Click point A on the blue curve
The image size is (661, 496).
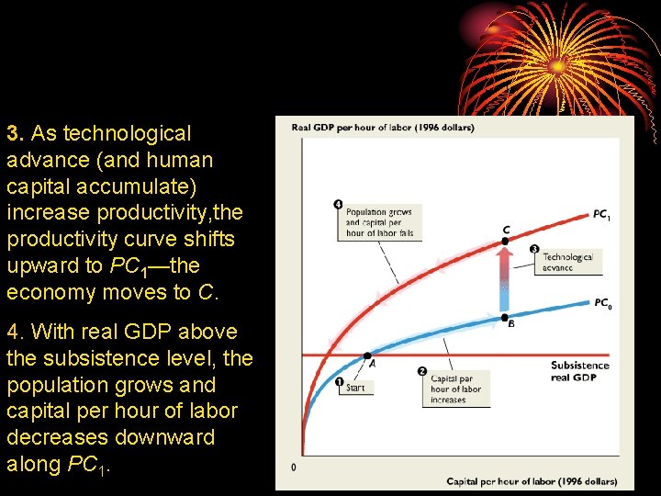point(368,355)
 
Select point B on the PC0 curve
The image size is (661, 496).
point(504,318)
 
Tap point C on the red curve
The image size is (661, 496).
point(504,242)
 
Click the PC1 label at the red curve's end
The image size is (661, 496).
point(601,215)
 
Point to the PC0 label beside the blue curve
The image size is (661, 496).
point(602,303)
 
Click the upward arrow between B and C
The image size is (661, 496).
point(504,279)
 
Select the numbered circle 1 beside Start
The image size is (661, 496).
point(339,382)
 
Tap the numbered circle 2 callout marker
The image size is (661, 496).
point(421,371)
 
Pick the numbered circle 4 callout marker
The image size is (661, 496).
point(338,203)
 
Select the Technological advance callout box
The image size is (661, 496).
point(567,262)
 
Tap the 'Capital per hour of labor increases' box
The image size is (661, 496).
point(456,389)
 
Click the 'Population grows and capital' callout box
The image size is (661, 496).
point(378,222)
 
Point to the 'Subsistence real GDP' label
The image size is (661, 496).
point(579,371)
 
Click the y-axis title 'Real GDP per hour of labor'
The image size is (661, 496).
point(382,127)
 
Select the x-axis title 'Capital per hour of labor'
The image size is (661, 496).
point(532,481)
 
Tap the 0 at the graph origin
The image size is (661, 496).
point(294,468)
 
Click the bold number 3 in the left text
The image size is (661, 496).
point(12,133)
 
